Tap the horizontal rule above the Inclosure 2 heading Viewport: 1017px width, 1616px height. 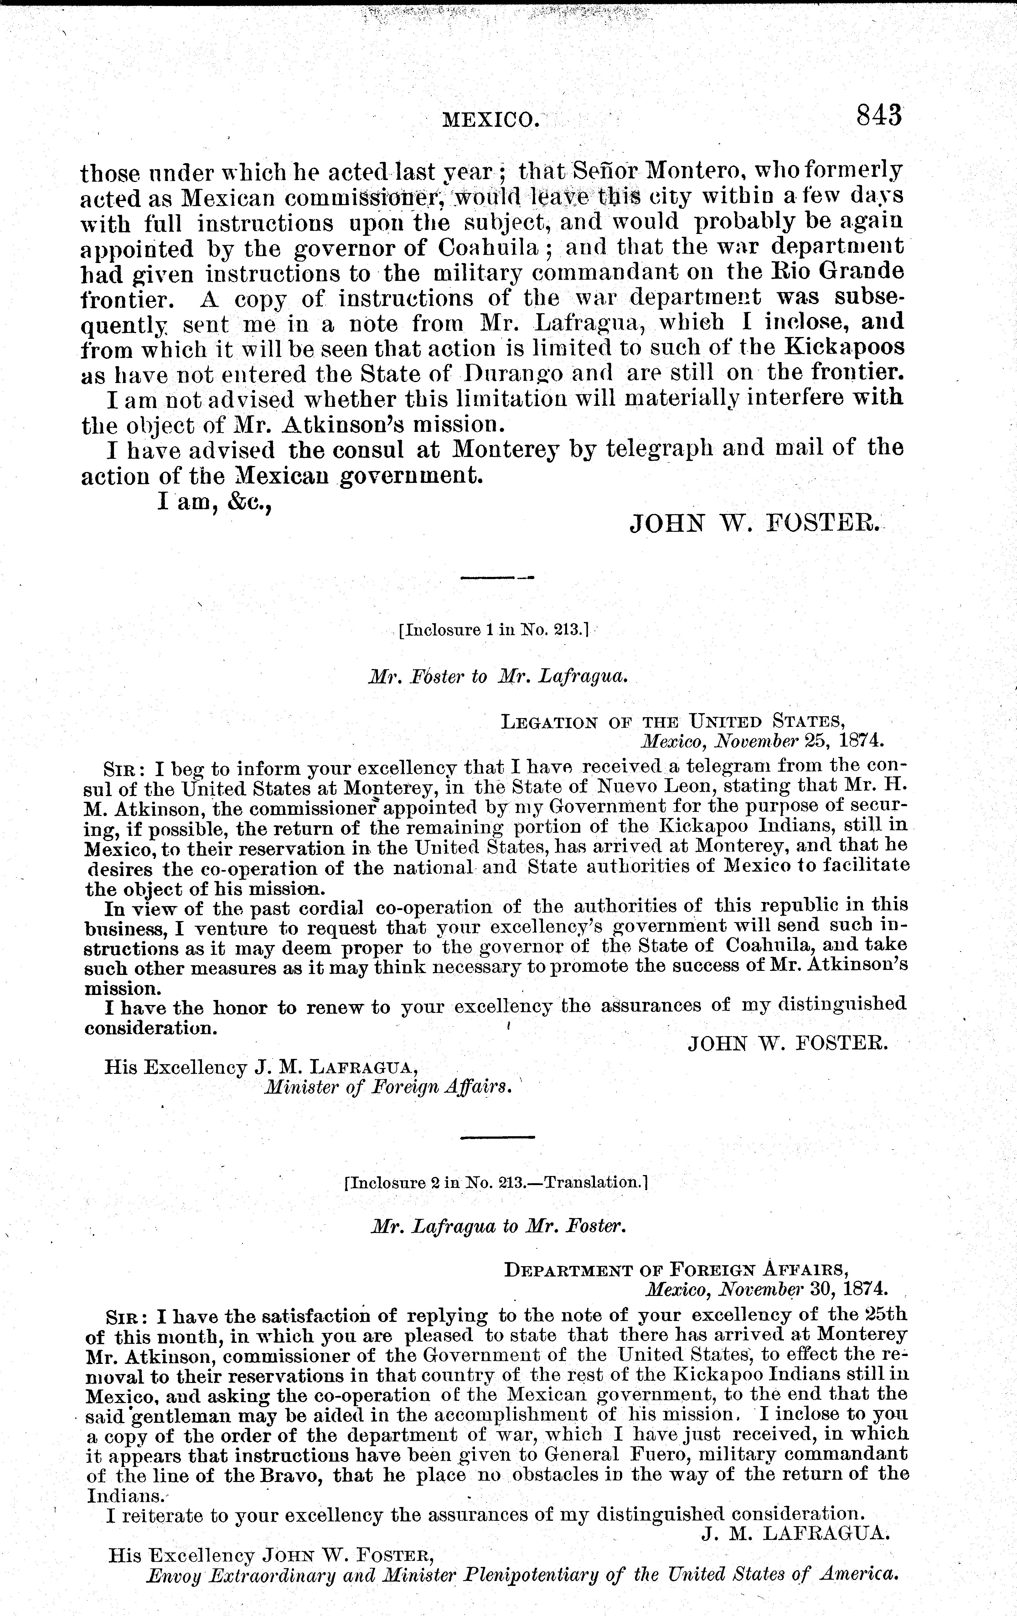498,1137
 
